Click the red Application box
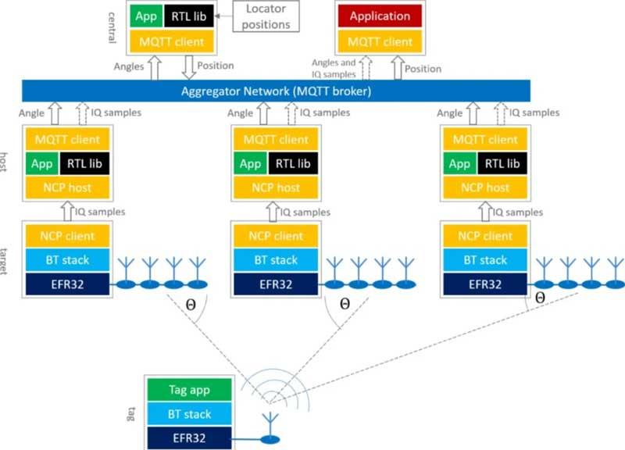click(380, 16)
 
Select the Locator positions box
click(266, 16)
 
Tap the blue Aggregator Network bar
click(276, 91)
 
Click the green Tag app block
click(189, 389)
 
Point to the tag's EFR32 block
click(189, 438)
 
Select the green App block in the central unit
click(146, 16)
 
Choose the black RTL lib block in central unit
click(188, 16)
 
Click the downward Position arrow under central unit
click(188, 67)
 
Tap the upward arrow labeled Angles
click(154, 67)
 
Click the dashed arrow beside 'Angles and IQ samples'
click(366, 68)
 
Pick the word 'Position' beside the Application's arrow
click(423, 69)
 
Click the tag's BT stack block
click(189, 414)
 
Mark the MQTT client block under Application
click(380, 41)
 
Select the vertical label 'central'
click(112, 27)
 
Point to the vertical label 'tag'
click(130, 414)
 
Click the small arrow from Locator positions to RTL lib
click(223, 16)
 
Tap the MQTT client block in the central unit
click(171, 41)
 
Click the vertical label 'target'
click(4, 261)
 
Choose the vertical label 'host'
click(4, 162)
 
